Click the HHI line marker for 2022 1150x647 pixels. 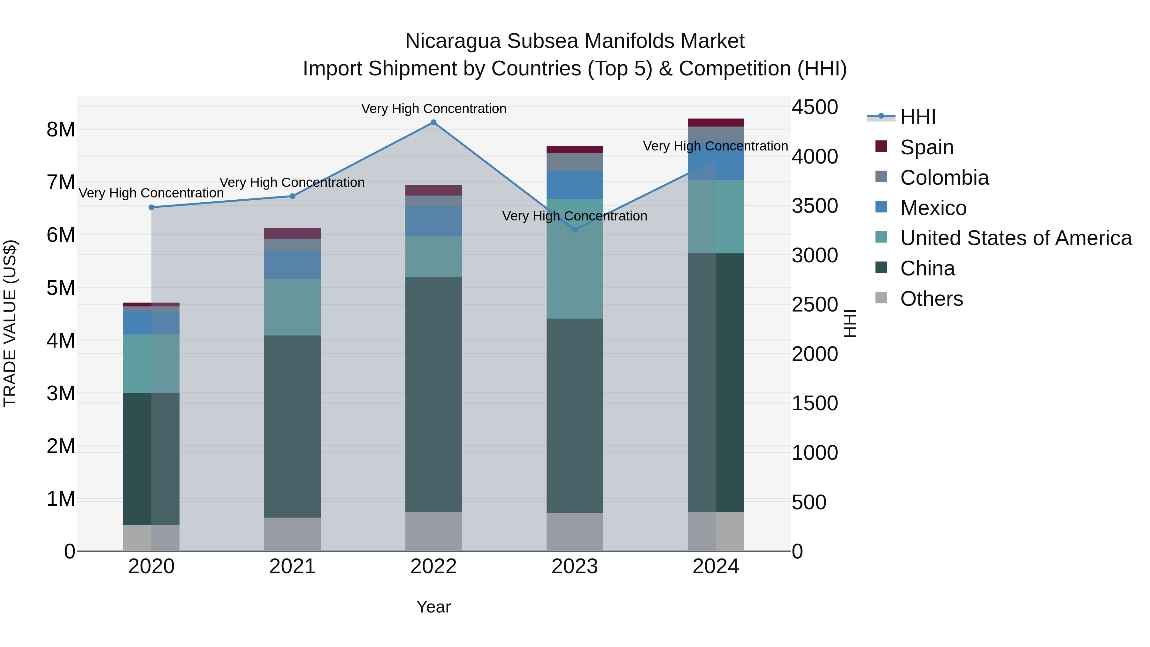433,122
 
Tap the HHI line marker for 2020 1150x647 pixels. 151,207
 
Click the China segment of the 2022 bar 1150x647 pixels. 433,395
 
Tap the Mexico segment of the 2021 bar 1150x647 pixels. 292,265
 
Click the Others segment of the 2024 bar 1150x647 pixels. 716,531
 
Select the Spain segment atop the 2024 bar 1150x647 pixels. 716,122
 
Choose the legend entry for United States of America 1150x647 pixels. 1016,238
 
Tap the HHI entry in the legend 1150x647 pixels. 917,117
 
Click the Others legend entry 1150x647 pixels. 931,299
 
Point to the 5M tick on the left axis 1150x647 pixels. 61,288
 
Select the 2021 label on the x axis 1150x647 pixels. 292,566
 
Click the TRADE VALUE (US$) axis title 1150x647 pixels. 10,323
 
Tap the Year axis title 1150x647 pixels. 433,607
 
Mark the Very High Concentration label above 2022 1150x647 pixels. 433,109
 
